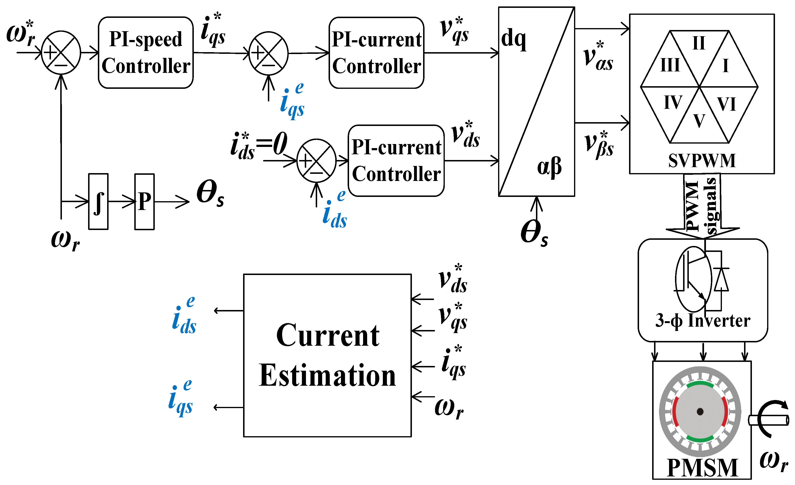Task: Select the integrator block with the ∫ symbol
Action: click(x=98, y=202)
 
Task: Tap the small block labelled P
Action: click(x=144, y=202)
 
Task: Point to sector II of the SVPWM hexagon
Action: click(x=699, y=44)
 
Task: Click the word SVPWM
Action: click(x=702, y=161)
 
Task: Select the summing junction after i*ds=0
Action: click(x=316, y=161)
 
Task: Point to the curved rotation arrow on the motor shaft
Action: click(x=770, y=418)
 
